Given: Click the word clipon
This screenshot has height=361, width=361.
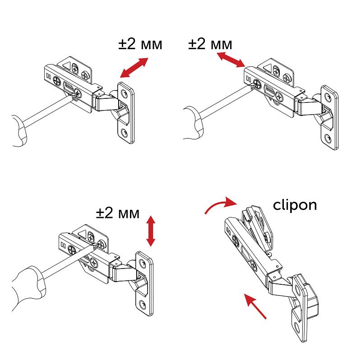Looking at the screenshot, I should [295, 205].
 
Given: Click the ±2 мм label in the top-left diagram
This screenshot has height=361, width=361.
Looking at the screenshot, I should [140, 45].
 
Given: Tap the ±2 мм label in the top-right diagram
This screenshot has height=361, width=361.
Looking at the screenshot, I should [210, 44].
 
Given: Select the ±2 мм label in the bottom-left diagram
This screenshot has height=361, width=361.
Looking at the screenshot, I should [117, 213].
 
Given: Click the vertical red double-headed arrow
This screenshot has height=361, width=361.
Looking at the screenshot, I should [151, 231].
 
